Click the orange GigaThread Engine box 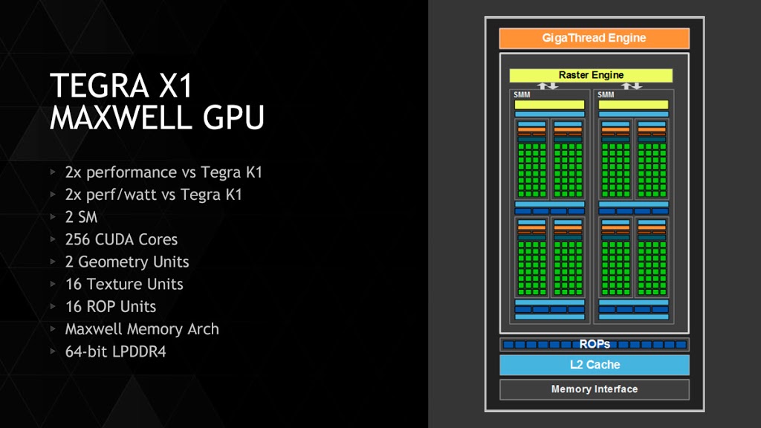tap(594, 39)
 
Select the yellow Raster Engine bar tap(591, 75)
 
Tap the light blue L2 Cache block tap(595, 365)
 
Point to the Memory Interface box tap(595, 389)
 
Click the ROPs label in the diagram tap(595, 344)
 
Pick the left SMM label tap(522, 94)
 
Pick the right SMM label tap(606, 94)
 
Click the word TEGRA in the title tap(99, 85)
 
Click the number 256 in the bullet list tap(77, 239)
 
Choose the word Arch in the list tap(204, 329)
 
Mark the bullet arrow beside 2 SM tap(53, 216)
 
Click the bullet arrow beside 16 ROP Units tap(53, 306)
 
